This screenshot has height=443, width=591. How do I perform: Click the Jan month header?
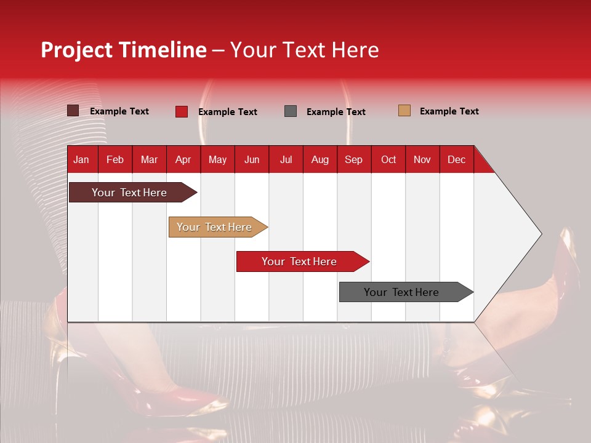coord(81,160)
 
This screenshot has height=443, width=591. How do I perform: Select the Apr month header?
coord(183,160)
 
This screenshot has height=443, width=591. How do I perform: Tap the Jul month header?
coord(286,160)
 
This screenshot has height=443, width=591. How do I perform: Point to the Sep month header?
coord(353,160)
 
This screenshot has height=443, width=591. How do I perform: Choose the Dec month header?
coord(456,160)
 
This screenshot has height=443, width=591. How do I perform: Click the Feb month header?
coord(115,160)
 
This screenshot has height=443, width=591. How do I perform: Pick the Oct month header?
coord(388,160)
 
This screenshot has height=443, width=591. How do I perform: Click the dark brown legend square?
coord(73,111)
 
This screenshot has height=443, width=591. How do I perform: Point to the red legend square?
coord(182,111)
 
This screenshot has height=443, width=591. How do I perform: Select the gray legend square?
coord(291,111)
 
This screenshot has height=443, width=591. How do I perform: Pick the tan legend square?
coord(404,111)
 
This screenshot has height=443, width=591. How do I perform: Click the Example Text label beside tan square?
coord(449,111)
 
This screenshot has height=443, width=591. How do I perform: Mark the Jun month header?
coord(252,160)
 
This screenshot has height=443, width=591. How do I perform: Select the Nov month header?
coord(422,160)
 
